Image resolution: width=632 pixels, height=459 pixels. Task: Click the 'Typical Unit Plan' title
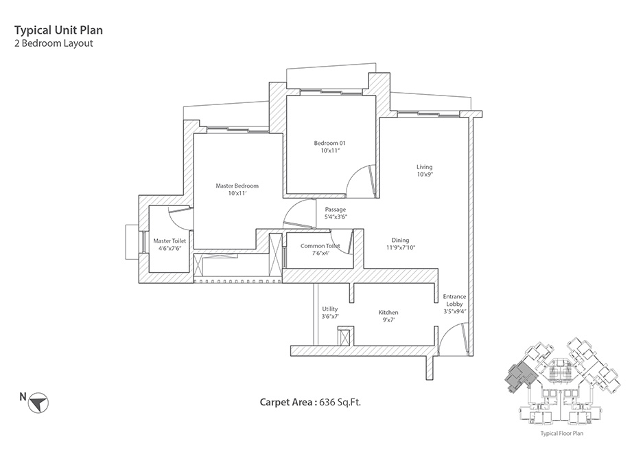[x=58, y=30]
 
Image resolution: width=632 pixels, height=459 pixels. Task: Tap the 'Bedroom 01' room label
[x=330, y=143]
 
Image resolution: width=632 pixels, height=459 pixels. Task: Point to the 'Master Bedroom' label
[x=237, y=186]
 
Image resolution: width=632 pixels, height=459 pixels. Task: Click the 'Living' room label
[x=424, y=167]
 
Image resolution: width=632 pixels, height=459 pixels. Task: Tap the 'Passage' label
[x=336, y=210]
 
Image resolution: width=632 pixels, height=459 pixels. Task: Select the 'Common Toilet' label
[x=320, y=245]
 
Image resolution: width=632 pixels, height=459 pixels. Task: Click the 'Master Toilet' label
[x=169, y=241]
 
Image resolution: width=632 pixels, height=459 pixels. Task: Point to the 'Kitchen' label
[x=388, y=312]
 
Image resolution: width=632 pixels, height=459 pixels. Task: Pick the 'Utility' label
[x=329, y=309]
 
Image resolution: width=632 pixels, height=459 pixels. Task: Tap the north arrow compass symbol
[x=38, y=403]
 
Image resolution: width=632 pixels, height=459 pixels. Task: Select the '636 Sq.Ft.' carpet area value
[x=340, y=403]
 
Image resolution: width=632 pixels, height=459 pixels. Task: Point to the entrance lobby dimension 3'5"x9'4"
[x=455, y=311]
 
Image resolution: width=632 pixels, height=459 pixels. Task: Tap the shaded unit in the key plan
[x=520, y=374]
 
